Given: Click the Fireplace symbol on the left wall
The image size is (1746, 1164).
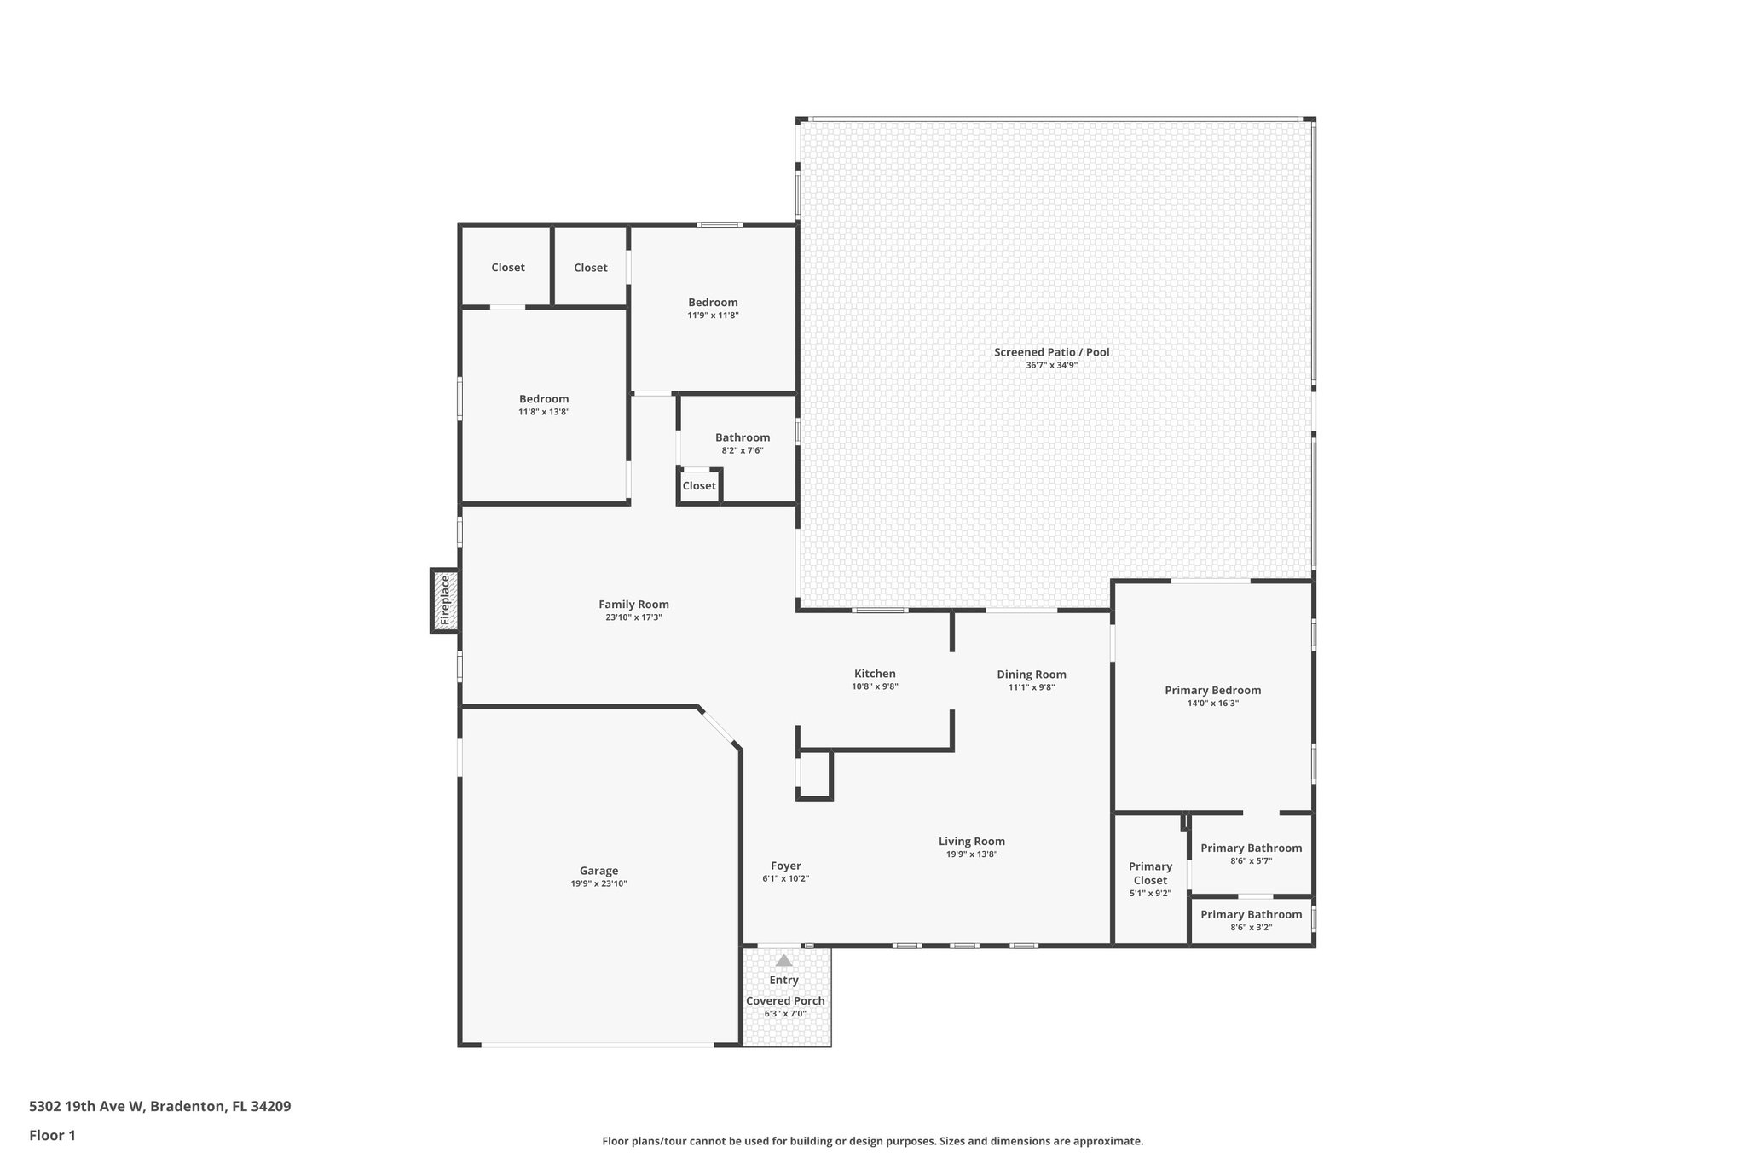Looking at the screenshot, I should [444, 601].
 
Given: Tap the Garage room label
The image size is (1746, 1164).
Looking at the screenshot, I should [598, 871].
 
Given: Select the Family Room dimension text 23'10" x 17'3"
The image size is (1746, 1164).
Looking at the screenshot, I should [633, 617].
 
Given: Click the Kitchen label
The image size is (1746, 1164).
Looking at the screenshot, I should [875, 674].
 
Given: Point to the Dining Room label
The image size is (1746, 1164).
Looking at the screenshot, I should [1032, 675].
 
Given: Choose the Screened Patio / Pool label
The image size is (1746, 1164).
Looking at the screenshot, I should [1051, 352].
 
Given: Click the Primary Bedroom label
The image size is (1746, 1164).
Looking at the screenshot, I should [1212, 691].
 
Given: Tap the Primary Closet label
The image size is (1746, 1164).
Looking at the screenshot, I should [1150, 873].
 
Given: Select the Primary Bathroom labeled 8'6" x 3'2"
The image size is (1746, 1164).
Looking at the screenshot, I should [1251, 915].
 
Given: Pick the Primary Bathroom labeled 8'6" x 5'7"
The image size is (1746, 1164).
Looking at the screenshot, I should [1251, 848].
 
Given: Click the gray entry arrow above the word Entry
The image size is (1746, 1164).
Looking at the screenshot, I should [784, 961].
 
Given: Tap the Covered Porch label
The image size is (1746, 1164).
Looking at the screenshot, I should [785, 1001].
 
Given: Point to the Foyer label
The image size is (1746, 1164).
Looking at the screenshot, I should [785, 866].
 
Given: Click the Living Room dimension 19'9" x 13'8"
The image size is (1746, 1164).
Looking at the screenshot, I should [971, 854].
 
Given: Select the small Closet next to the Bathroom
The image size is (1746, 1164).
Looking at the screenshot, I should [699, 486].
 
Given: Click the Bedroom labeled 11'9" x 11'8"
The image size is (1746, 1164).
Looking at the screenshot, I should [713, 303].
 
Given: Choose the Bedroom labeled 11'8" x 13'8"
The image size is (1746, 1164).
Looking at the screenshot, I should [544, 399].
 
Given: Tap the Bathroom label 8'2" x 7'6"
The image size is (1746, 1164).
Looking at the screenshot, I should [742, 437].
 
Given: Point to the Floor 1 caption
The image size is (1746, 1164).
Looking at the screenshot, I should [52, 1135].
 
